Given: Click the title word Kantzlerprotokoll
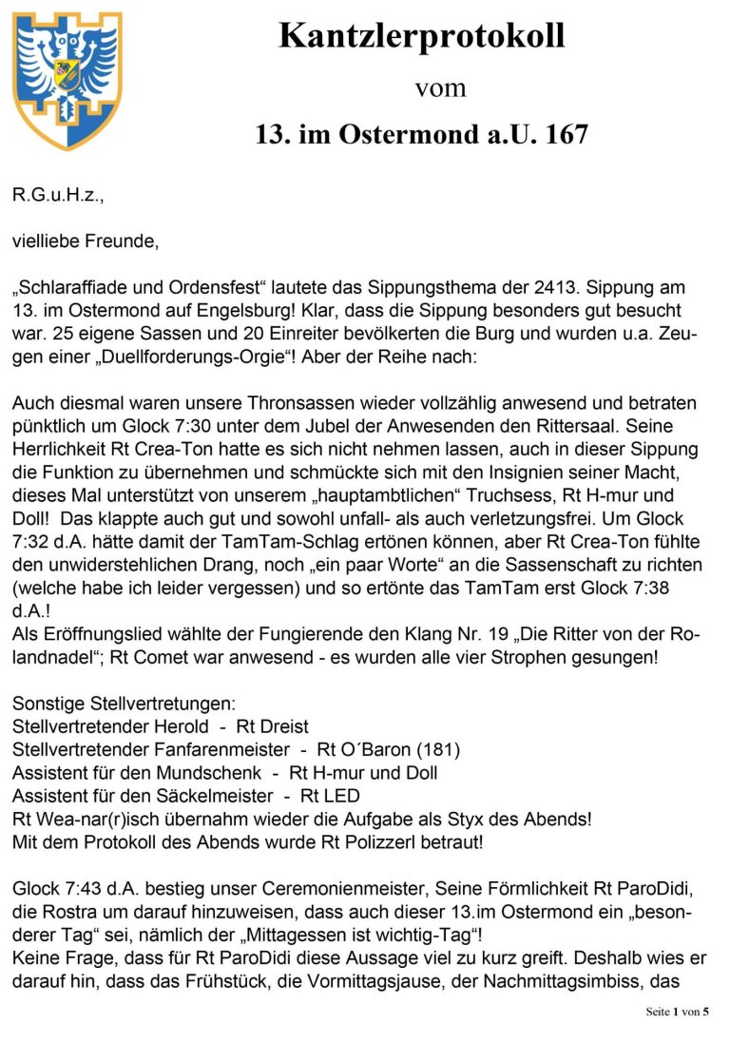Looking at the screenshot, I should [x=421, y=36].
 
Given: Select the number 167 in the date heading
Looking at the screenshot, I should [x=566, y=135].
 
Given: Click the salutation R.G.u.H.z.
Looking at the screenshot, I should [x=57, y=195].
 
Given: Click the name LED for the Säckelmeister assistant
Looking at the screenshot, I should [x=342, y=796].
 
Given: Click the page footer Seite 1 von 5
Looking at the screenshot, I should [x=677, y=1012].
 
